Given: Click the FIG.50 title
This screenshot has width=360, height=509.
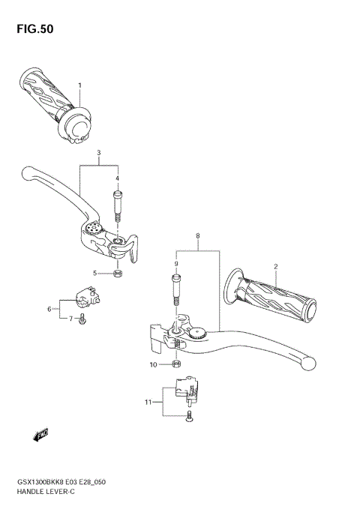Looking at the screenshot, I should tap(32, 30).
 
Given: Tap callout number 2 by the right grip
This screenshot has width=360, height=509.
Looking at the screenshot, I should tap(275, 267).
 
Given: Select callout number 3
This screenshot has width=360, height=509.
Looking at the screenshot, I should tap(98, 153).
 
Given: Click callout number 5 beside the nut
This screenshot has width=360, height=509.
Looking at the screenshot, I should tap(49, 309).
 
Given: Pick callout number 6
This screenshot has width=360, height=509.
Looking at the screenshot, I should tap(70, 319).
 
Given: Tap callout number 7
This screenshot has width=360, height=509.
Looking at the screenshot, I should tap(197, 235).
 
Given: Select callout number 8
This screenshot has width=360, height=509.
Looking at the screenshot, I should tap(176, 264).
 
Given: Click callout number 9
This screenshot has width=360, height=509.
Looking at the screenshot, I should tap(153, 365).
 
